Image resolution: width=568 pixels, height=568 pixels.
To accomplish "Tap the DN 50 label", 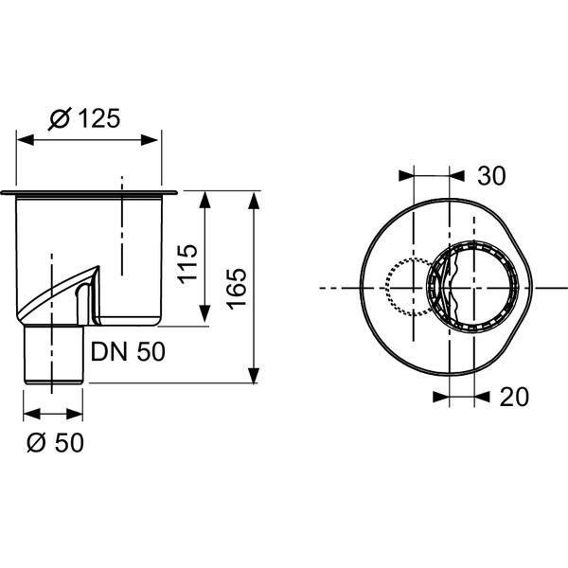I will click(x=128, y=351).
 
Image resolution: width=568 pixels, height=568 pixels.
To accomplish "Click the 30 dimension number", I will click(x=490, y=175).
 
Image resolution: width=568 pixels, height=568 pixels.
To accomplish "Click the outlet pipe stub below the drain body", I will click(x=53, y=355).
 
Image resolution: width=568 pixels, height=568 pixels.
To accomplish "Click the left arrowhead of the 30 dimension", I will click(x=406, y=175).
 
